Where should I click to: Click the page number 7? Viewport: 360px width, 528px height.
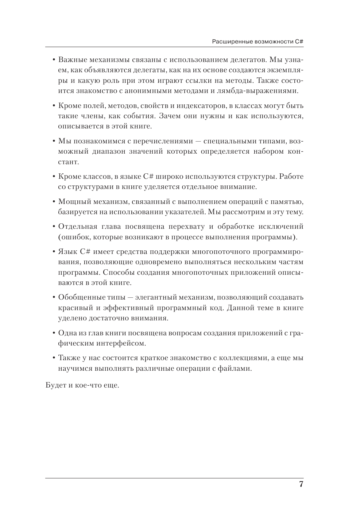[x=301, y=485]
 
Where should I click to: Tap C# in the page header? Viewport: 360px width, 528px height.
[x=300, y=42]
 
